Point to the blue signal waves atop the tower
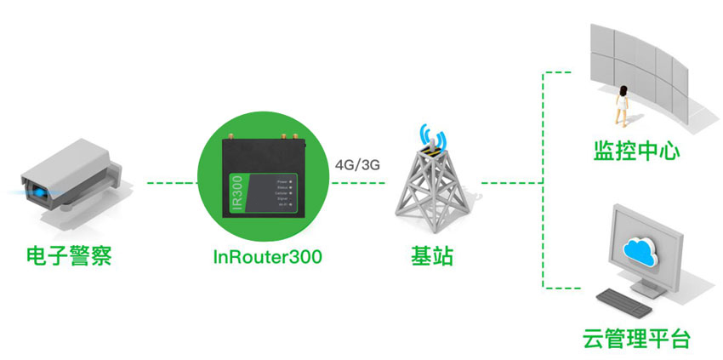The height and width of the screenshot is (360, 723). [432, 138]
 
